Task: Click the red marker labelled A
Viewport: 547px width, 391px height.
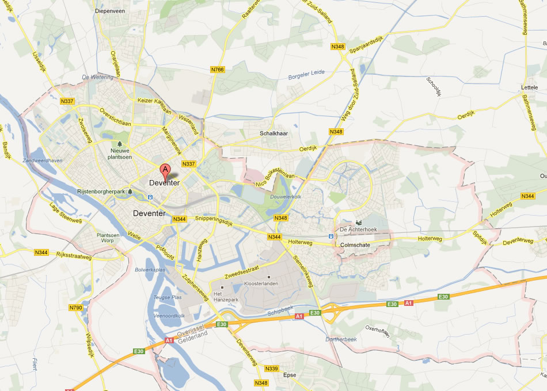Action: click(165, 170)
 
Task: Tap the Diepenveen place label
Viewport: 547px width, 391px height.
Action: click(110, 10)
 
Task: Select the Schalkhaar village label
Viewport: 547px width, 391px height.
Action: click(273, 133)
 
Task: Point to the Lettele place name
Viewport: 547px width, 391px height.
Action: click(529, 87)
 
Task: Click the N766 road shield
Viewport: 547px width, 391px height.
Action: click(218, 70)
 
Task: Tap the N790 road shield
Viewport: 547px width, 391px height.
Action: click(75, 308)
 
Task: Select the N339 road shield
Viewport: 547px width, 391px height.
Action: click(272, 369)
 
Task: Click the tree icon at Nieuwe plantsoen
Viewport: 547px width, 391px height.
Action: click(120, 144)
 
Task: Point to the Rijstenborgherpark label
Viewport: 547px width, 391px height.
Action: click(101, 191)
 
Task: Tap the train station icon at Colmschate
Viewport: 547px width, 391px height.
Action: click(331, 236)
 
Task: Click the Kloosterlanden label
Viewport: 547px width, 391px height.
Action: click(269, 285)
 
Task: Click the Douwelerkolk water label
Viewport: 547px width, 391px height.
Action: click(286, 197)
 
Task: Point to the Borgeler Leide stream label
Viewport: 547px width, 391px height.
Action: click(306, 74)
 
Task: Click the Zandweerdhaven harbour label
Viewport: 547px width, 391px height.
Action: click(42, 160)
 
